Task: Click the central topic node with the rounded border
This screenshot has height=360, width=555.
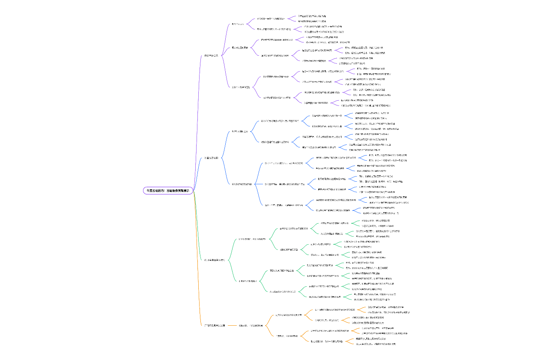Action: (x=168, y=190)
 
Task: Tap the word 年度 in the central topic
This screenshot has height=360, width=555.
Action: (x=150, y=190)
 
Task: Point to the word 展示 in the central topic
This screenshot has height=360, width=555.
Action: (x=186, y=190)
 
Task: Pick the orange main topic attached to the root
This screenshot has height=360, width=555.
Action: (x=215, y=325)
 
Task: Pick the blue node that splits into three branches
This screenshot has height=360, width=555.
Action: (x=242, y=184)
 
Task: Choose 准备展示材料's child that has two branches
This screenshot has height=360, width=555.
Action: (x=240, y=132)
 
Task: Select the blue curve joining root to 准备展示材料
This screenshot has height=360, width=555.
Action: (x=199, y=171)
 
